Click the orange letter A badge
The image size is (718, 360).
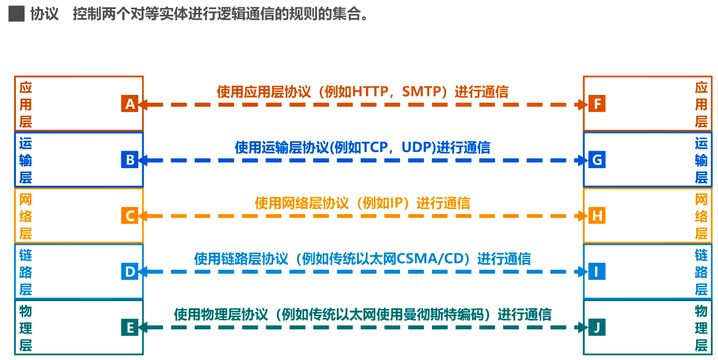(x=130, y=104)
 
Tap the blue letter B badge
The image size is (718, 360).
(x=130, y=160)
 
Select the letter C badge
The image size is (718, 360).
(x=130, y=216)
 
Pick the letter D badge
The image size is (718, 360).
(x=130, y=271)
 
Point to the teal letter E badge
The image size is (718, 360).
(x=130, y=327)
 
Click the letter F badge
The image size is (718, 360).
(x=597, y=104)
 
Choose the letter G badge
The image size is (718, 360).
(x=597, y=160)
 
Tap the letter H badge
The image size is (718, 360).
(x=597, y=216)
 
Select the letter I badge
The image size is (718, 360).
(x=597, y=271)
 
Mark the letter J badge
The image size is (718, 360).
(x=597, y=327)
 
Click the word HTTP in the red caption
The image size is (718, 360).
(x=370, y=92)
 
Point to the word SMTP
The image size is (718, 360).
(x=419, y=92)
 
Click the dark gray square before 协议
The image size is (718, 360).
(x=16, y=14)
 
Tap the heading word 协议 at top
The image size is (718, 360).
(x=44, y=14)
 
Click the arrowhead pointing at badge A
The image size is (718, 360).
(x=143, y=104)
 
